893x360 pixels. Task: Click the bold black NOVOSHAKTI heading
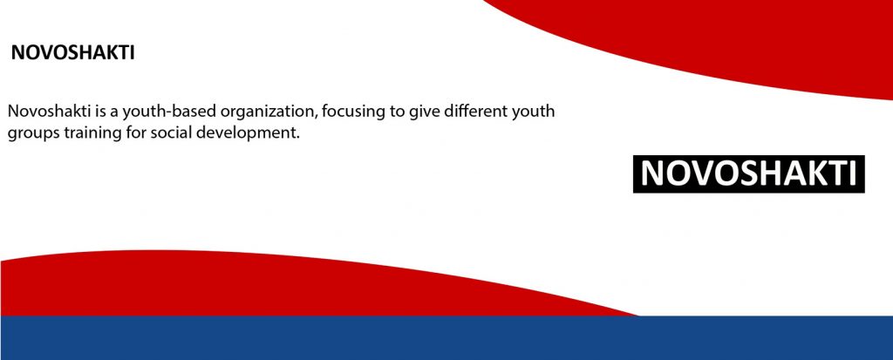coord(73,53)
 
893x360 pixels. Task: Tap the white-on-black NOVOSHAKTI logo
coord(749,173)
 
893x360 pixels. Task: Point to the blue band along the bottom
coord(446,338)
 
